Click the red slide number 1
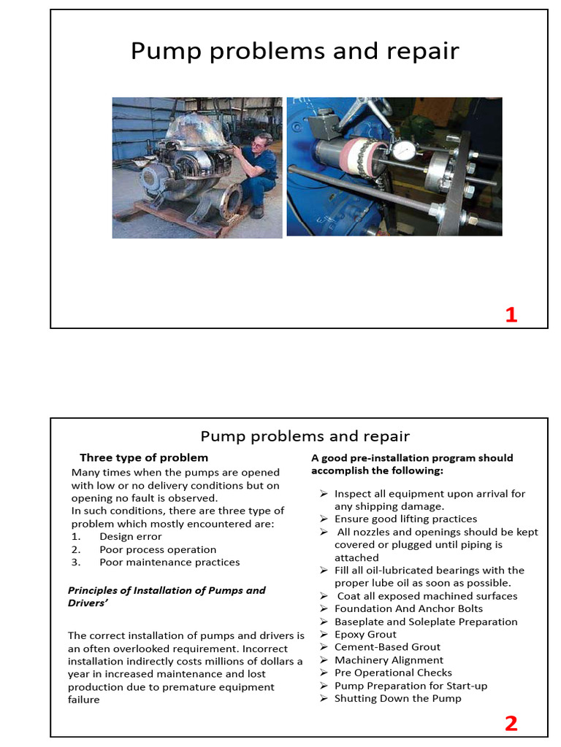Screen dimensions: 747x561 (x=511, y=314)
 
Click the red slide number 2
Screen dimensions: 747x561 (x=511, y=723)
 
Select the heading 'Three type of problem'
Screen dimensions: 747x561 (x=144, y=457)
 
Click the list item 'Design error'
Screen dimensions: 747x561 (x=130, y=536)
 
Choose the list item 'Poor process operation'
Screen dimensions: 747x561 (x=158, y=549)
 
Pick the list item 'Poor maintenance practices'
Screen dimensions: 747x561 (x=169, y=562)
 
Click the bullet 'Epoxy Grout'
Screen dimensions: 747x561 (x=365, y=634)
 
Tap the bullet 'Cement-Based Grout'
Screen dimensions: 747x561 (x=387, y=646)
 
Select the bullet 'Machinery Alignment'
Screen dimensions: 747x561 (x=389, y=659)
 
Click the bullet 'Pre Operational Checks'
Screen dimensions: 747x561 (x=393, y=673)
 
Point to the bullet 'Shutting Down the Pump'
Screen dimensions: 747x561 (x=397, y=698)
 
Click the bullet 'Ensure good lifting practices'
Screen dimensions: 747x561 (x=405, y=519)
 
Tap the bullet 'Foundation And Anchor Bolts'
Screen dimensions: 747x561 (x=408, y=608)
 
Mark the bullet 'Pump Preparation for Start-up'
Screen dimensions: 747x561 (x=411, y=686)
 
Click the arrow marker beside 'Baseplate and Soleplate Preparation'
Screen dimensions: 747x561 (x=324, y=622)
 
